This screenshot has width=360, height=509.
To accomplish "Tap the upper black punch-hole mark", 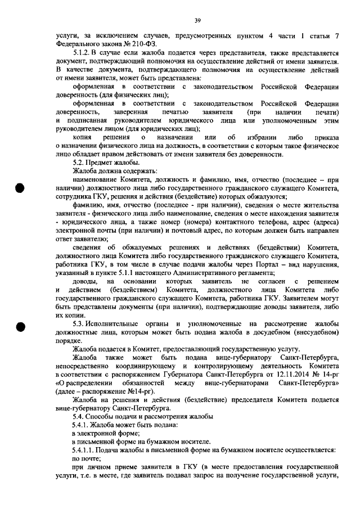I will click(x=21, y=188).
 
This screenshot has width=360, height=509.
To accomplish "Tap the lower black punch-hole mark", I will click(x=21, y=328).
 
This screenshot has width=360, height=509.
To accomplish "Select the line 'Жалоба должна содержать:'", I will click(x=115, y=170).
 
